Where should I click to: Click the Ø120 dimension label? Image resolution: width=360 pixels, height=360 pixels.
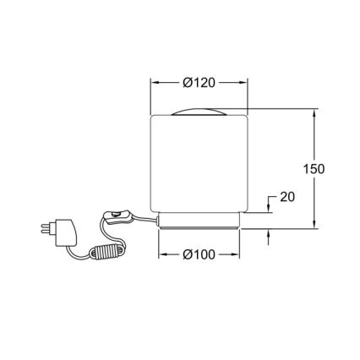(x=199, y=82)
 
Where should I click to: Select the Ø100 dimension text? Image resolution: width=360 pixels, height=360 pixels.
(x=199, y=254)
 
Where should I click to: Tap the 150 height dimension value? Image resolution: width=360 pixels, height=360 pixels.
(x=314, y=168)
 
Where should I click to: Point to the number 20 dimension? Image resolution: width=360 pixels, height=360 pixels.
(x=286, y=197)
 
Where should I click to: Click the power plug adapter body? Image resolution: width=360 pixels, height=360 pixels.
(x=65, y=231)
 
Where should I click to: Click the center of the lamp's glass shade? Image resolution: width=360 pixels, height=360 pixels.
(x=199, y=165)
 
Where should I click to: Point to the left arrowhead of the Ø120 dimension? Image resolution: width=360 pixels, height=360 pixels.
(x=154, y=82)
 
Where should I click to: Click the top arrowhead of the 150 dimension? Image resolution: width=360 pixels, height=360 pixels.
(x=314, y=112)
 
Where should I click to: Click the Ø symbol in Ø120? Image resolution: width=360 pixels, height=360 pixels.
(x=186, y=82)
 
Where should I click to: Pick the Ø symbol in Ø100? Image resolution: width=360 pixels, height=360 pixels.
(x=186, y=254)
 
